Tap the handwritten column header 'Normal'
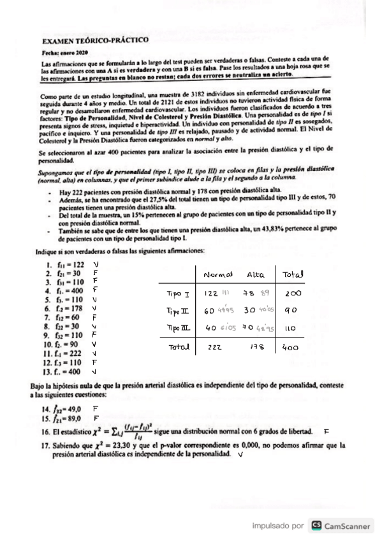pos(217,274)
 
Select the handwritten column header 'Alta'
pos(255,274)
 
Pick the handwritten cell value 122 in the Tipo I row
pos(211,294)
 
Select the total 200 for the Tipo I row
pos(293,294)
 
